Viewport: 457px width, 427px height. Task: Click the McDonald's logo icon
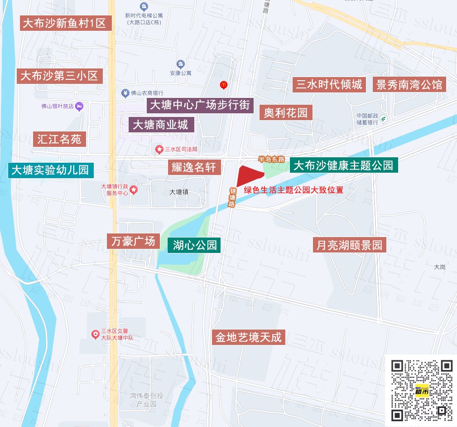click(x=223, y=84)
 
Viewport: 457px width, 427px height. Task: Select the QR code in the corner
click(x=422, y=390)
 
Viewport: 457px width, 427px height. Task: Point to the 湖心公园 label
click(x=195, y=245)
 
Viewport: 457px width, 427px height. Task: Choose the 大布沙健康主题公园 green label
click(x=344, y=165)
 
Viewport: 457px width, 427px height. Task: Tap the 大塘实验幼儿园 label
click(x=50, y=170)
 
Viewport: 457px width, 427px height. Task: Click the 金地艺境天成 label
click(x=249, y=337)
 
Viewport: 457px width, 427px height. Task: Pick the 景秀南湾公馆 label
click(x=409, y=85)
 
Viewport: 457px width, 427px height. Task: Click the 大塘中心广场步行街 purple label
click(x=200, y=105)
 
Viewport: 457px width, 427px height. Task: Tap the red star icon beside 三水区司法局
click(x=159, y=149)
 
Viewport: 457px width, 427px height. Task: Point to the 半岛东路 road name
click(x=271, y=159)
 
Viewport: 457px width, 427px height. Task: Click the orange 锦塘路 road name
click(x=232, y=197)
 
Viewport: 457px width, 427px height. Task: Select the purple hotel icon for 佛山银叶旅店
click(x=79, y=107)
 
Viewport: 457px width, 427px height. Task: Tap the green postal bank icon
click(x=384, y=119)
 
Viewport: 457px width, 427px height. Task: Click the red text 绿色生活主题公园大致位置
click(x=293, y=190)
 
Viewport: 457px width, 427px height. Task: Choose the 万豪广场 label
click(x=134, y=241)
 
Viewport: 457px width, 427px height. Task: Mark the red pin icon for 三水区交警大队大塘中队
click(x=96, y=335)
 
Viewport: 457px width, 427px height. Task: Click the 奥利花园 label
click(x=286, y=112)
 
